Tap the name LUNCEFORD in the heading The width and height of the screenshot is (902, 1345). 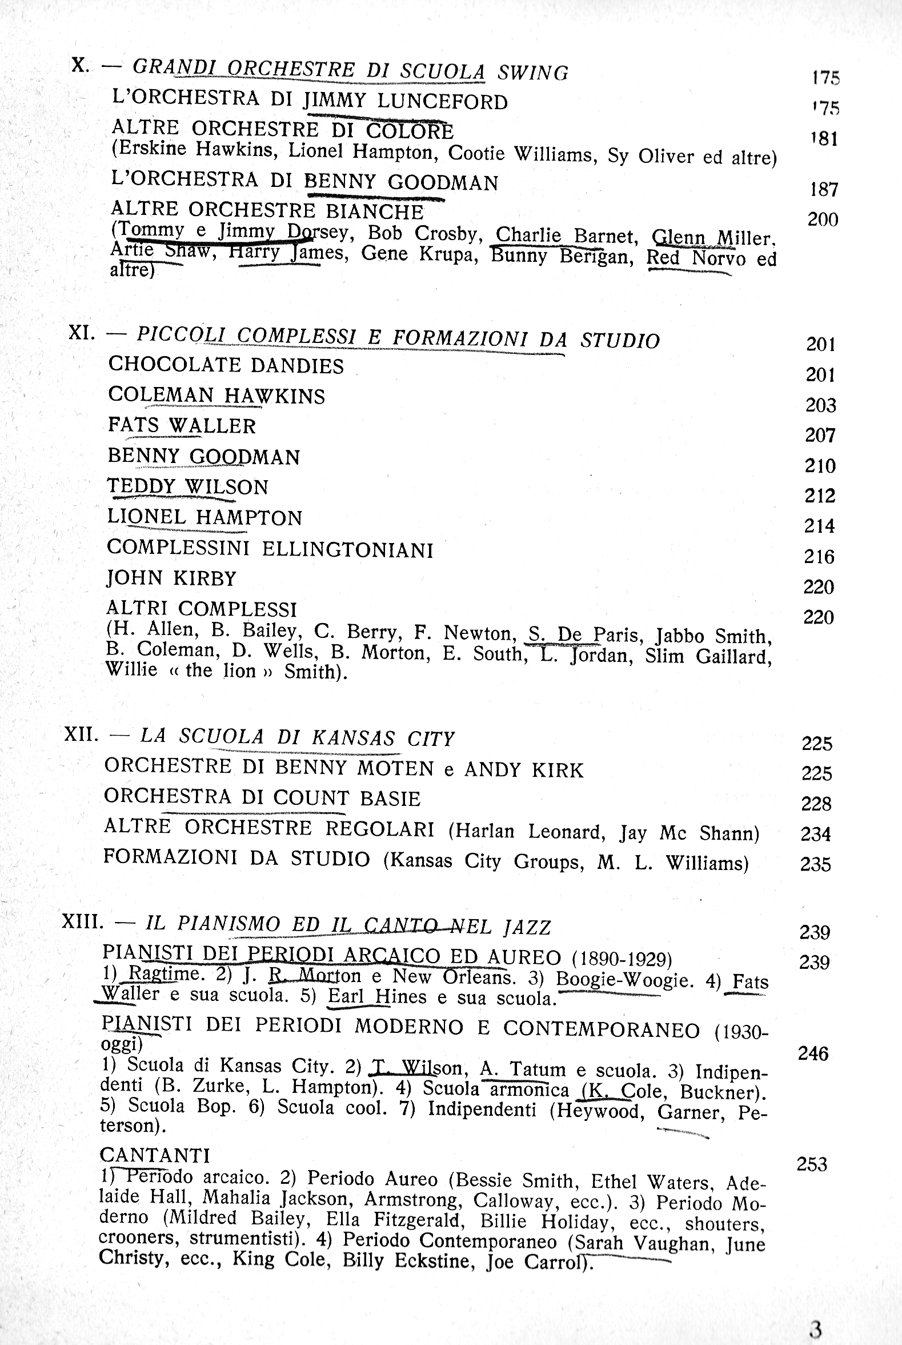click(x=442, y=102)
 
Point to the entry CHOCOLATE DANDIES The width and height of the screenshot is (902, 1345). click(x=226, y=365)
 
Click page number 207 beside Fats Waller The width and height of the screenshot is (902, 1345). click(x=820, y=435)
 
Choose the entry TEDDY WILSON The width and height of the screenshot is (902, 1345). click(x=187, y=487)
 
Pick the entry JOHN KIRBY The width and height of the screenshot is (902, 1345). click(x=171, y=578)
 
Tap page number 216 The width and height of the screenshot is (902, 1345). click(x=819, y=557)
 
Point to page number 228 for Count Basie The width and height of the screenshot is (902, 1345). click(x=816, y=804)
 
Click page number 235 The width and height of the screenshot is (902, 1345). click(x=816, y=864)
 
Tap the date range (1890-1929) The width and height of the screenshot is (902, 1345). click(x=622, y=959)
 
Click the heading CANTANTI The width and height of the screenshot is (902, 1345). click(x=155, y=1155)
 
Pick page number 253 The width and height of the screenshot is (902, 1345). click(x=812, y=1164)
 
